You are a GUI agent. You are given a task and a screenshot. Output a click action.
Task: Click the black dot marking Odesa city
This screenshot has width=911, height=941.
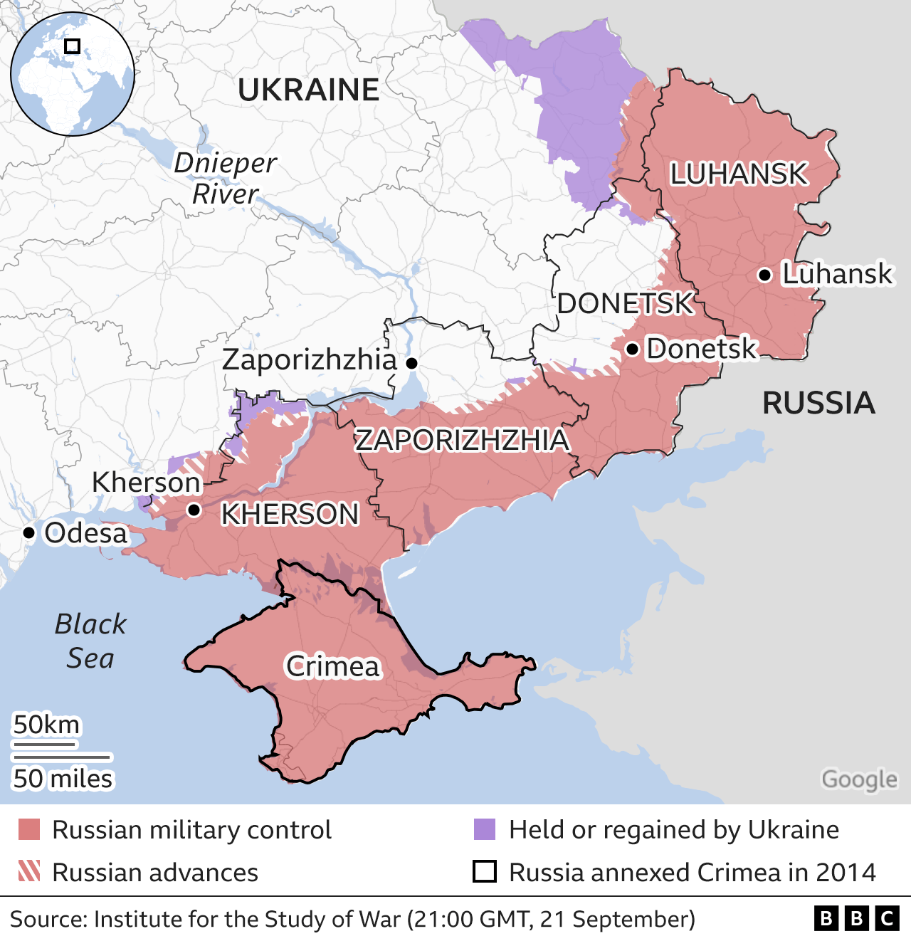[29, 532]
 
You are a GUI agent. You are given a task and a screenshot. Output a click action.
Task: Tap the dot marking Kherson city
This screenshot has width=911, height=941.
[194, 510]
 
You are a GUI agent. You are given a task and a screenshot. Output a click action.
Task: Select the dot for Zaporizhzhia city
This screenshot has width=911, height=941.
[411, 363]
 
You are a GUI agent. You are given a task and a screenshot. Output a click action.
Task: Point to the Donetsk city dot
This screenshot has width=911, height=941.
[631, 349]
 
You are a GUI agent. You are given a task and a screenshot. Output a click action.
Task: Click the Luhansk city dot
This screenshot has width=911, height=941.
[764, 275]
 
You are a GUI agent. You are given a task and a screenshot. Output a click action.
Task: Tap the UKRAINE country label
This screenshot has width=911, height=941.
[308, 90]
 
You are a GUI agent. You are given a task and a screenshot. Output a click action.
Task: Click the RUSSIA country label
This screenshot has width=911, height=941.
[818, 403]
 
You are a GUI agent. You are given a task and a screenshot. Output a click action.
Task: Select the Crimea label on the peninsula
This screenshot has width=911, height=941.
[333, 666]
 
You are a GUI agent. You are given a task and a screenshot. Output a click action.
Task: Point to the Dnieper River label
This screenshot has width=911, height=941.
[226, 178]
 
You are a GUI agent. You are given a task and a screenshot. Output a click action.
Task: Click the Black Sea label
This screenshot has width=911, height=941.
[90, 641]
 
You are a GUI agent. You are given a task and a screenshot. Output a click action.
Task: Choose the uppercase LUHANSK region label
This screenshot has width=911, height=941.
[739, 174]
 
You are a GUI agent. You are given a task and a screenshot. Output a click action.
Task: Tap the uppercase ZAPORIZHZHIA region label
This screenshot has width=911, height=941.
[463, 440]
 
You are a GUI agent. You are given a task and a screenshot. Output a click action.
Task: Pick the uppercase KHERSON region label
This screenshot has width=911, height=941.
[290, 514]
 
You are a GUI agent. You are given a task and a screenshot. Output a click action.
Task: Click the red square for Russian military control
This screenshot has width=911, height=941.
[29, 830]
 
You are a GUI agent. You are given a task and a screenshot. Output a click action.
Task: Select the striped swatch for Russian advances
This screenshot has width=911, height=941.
[29, 872]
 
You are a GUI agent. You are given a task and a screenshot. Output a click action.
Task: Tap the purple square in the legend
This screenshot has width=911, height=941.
[485, 830]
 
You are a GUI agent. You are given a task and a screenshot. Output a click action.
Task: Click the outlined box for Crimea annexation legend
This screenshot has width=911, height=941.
[485, 872]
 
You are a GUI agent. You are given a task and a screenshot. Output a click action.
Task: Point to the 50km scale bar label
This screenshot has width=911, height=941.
[47, 725]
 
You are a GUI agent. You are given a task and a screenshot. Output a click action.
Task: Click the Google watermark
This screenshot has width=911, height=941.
[859, 779]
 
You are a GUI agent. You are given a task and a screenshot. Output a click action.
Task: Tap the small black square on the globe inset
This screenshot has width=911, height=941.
[72, 46]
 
